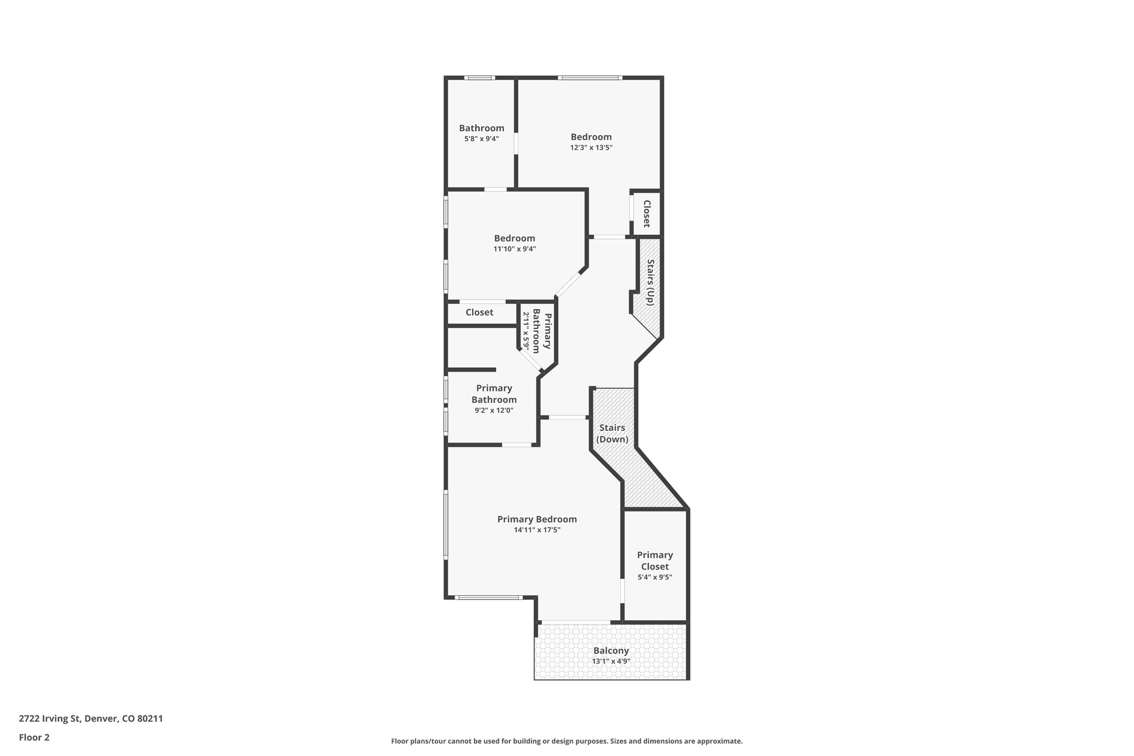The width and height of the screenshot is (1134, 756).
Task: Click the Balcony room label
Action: click(611, 651)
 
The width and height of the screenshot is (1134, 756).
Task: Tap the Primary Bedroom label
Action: click(537, 519)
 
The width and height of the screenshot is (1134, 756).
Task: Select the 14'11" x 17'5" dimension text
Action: click(537, 530)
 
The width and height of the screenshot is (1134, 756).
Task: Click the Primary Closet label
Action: click(655, 560)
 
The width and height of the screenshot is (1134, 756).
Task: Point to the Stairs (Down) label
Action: click(612, 434)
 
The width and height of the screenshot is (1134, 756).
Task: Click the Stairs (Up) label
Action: click(651, 282)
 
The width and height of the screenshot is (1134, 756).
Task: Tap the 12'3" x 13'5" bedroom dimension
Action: click(591, 148)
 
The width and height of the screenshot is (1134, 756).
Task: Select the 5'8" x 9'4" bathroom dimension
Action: click(481, 139)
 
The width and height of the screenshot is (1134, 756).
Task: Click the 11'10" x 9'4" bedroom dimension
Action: click(514, 249)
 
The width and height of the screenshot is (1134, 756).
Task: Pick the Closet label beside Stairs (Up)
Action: click(646, 214)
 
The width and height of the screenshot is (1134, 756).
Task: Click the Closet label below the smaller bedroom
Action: click(479, 312)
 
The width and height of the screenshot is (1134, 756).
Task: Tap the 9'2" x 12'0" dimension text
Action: click(494, 411)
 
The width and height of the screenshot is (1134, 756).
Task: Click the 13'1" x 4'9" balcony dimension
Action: click(611, 661)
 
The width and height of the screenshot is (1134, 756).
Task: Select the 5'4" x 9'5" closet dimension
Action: click(655, 577)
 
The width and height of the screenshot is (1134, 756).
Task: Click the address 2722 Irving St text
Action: click(91, 719)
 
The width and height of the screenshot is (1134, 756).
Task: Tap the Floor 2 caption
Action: click(34, 737)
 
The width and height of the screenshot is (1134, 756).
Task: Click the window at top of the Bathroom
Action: click(480, 78)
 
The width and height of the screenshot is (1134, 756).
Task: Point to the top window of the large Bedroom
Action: click(590, 78)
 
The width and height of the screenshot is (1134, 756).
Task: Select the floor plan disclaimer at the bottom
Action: click(566, 741)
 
